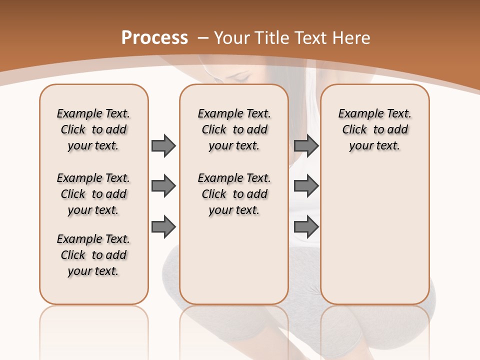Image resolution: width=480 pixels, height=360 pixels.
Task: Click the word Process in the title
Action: pyautogui.click(x=154, y=37)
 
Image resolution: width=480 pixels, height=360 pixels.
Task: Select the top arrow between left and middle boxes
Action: pyautogui.click(x=163, y=145)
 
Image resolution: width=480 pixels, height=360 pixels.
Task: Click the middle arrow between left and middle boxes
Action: pyautogui.click(x=163, y=186)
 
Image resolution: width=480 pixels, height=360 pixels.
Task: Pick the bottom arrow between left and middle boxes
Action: pyautogui.click(x=163, y=227)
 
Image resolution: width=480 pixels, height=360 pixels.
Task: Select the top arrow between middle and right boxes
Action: pyautogui.click(x=306, y=145)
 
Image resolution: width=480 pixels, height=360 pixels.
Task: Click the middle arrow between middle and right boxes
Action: pyautogui.click(x=306, y=186)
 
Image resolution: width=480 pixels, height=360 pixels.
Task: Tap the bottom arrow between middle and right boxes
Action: pyautogui.click(x=306, y=227)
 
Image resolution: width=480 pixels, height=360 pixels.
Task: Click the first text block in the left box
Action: pyautogui.click(x=93, y=129)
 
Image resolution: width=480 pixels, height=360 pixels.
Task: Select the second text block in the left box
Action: pyautogui.click(x=93, y=194)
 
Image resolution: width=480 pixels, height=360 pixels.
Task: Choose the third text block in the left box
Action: pyautogui.click(x=93, y=255)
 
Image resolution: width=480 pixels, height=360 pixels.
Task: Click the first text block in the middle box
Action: pyautogui.click(x=234, y=129)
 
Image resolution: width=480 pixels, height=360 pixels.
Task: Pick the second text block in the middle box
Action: pyautogui.click(x=234, y=194)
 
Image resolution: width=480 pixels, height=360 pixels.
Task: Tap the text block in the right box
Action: pyautogui.click(x=374, y=129)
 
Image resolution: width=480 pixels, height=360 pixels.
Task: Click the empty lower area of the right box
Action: pyautogui.click(x=374, y=235)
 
